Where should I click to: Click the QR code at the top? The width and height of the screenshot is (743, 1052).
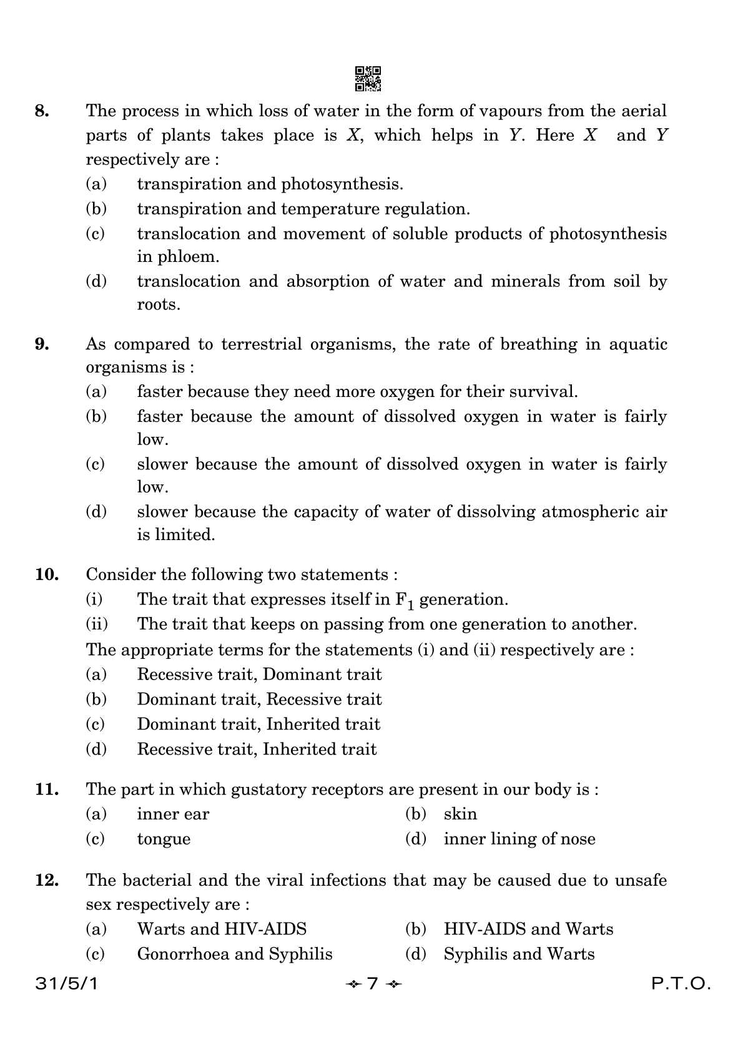pos(368,79)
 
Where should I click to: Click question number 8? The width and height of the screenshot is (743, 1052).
pos(42,111)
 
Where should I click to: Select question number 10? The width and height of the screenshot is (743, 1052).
pos(47,574)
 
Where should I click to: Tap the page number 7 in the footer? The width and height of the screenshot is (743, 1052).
pos(373,984)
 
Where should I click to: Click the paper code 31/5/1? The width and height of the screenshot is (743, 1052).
pos(67,984)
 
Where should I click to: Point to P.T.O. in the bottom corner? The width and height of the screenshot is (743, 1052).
pos(681,984)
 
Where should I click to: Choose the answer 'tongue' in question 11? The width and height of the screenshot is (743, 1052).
pos(164,839)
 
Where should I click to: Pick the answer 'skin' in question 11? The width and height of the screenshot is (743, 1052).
pos(460,814)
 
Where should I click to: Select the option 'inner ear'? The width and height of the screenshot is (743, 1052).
pos(173,814)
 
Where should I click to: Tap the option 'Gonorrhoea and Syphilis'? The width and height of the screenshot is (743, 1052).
pos(235,954)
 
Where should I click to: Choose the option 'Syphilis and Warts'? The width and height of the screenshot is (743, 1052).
pos(519,954)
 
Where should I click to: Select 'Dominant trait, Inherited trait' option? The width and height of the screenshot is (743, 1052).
pos(258,724)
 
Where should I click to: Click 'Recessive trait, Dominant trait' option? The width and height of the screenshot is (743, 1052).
pos(259,674)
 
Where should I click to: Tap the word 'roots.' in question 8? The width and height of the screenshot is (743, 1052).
pos(159,305)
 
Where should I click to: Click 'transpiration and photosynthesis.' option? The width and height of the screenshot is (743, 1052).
pos(270,184)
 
